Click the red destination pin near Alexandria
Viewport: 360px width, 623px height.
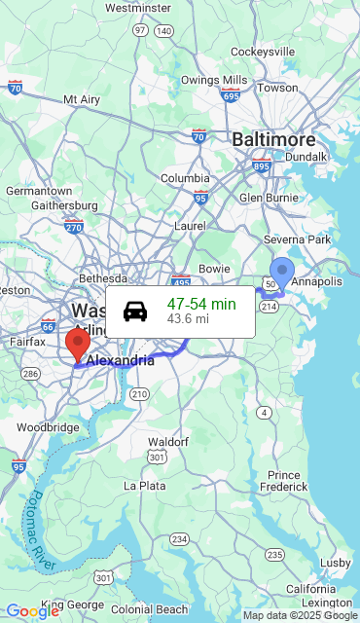[x=77, y=345]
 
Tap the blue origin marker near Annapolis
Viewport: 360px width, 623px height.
[x=281, y=272]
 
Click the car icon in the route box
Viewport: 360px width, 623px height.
[x=135, y=311]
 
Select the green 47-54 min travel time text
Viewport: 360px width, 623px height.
[x=201, y=304]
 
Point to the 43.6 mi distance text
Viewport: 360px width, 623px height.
[x=188, y=318]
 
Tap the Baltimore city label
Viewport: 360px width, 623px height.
[x=273, y=140]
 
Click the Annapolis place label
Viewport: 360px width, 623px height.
[x=317, y=282]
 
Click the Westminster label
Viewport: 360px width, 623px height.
[x=137, y=8]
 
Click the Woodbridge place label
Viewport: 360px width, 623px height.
[x=48, y=427]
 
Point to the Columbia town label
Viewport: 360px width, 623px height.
[x=185, y=178]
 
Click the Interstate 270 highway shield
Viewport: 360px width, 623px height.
[x=74, y=227]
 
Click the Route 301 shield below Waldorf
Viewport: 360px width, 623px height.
[x=157, y=457]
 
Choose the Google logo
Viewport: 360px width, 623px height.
[x=32, y=610]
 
